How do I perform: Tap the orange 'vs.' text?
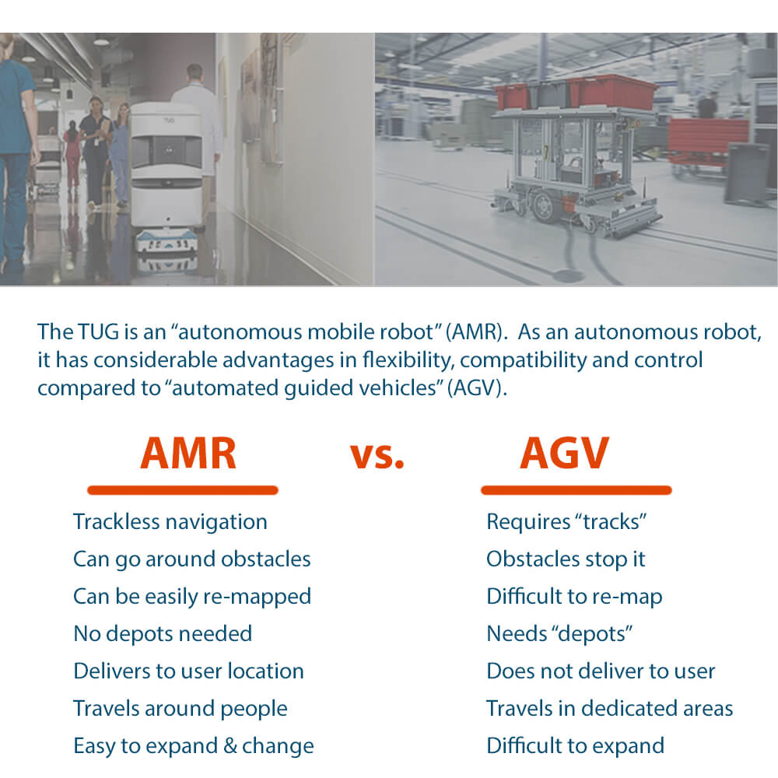(x=377, y=456)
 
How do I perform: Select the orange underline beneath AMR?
(x=183, y=490)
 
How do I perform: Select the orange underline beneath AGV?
(x=576, y=490)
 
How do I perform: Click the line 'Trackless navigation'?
(x=170, y=522)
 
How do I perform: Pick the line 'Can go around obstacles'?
(x=192, y=559)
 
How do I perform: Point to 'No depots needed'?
(x=163, y=633)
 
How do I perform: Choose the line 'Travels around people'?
(x=180, y=709)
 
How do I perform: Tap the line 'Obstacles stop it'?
(x=566, y=559)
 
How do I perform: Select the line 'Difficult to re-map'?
(x=575, y=597)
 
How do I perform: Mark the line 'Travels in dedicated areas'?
(x=610, y=709)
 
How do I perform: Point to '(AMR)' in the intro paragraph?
(x=474, y=332)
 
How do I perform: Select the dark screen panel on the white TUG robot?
(x=169, y=151)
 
